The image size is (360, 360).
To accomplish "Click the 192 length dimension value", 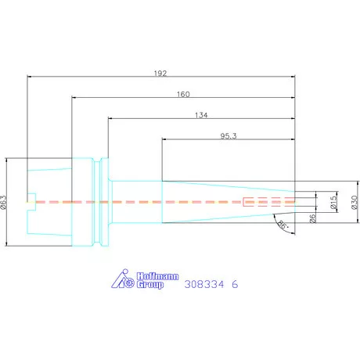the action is pyautogui.click(x=160, y=74).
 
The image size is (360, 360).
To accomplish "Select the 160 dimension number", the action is pyautogui.click(x=183, y=94).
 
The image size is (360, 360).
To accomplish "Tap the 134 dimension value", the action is pyautogui.click(x=201, y=115).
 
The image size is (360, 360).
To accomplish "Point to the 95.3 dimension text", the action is pyautogui.click(x=229, y=136).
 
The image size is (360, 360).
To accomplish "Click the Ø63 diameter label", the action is pyautogui.click(x=3, y=202).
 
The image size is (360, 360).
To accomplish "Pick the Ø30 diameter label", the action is pyautogui.click(x=355, y=202).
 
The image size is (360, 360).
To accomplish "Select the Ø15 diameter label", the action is pyautogui.click(x=333, y=202).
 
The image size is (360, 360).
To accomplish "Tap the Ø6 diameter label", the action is pyautogui.click(x=312, y=218).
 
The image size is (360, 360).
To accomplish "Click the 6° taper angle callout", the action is pyautogui.click(x=283, y=225).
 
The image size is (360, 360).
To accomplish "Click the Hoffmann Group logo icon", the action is pyautogui.click(x=123, y=279).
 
